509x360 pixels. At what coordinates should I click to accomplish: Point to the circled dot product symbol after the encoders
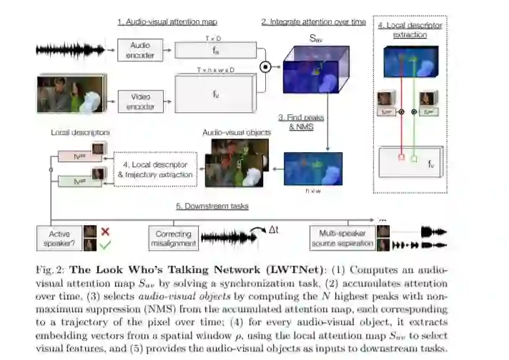pyautogui.click(x=265, y=68)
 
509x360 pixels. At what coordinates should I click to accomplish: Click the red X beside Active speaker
pyautogui.click(x=106, y=231)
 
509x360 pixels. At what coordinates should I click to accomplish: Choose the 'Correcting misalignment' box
pyautogui.click(x=173, y=238)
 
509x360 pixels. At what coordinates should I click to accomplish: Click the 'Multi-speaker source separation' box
pyautogui.click(x=342, y=238)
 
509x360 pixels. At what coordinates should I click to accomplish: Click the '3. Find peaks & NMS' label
pyautogui.click(x=298, y=119)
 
